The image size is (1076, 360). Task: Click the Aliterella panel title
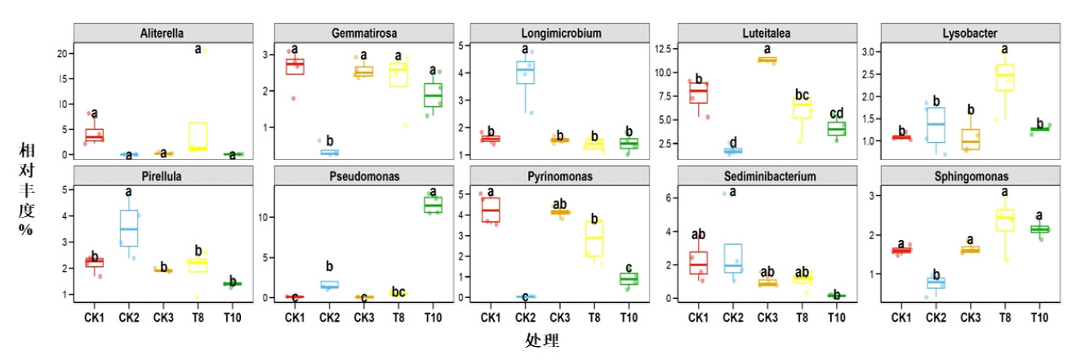point(161,33)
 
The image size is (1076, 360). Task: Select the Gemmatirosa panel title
point(359,33)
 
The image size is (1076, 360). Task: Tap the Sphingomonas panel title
point(969,176)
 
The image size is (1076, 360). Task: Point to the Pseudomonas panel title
point(359,176)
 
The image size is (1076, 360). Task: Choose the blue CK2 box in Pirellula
point(129,228)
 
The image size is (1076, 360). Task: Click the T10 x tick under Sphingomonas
point(1038,318)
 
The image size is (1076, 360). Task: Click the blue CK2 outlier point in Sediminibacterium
point(723,193)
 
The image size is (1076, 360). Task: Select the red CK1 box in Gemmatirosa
point(294,67)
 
